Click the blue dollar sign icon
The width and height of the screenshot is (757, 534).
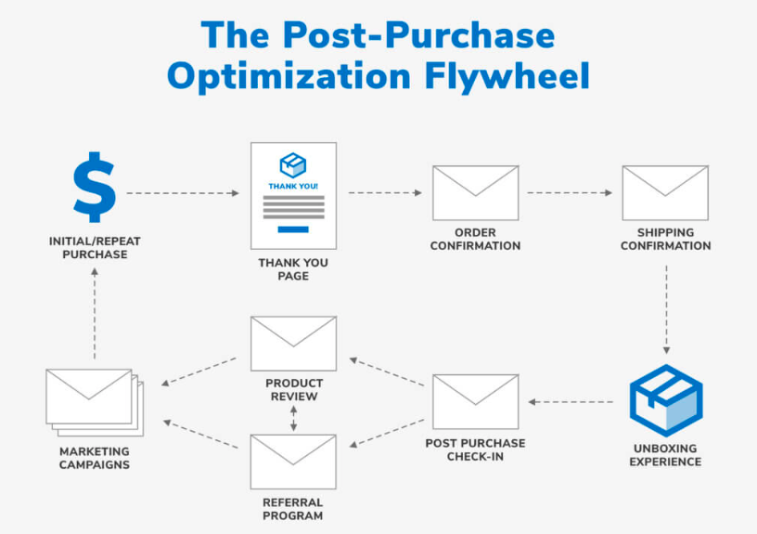click(x=94, y=187)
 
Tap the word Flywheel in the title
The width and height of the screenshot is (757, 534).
click(x=507, y=76)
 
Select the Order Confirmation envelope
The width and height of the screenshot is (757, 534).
click(x=476, y=193)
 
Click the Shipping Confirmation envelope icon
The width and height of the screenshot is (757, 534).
click(x=665, y=193)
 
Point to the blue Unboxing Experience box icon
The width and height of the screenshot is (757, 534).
click(x=666, y=400)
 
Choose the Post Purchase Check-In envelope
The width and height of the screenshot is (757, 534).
click(x=476, y=401)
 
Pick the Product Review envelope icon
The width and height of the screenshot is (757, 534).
click(x=293, y=344)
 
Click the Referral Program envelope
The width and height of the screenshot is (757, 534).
click(x=293, y=462)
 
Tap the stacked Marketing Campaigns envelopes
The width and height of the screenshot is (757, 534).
click(x=95, y=402)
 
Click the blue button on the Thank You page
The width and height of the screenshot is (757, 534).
click(x=293, y=229)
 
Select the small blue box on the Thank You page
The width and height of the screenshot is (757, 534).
click(x=293, y=165)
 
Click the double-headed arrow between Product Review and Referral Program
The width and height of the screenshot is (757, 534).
click(x=293, y=419)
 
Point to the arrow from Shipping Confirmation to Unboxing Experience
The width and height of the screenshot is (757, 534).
click(x=666, y=309)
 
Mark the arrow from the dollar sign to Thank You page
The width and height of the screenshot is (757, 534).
click(x=183, y=193)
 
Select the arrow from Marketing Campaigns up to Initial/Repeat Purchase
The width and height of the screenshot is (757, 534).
click(x=95, y=314)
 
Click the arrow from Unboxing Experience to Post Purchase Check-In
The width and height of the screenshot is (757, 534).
click(x=571, y=401)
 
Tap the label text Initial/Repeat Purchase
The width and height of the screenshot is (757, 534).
click(x=95, y=247)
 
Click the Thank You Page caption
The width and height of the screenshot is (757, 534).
click(x=293, y=269)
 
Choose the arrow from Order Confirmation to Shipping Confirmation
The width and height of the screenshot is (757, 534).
click(x=570, y=193)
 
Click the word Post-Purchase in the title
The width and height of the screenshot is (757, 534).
click(x=418, y=34)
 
